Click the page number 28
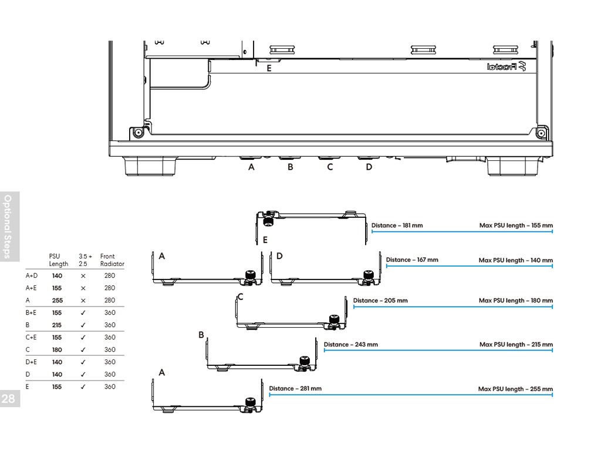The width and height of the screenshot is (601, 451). tap(10, 399)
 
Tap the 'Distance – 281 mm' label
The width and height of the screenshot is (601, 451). tap(295, 389)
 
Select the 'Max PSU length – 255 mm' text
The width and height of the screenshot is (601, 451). tap(515, 389)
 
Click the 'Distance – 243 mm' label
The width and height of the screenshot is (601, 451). tap(351, 345)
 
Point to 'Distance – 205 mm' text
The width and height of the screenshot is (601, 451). tap(380, 301)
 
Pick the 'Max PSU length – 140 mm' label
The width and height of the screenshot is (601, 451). tap(515, 260)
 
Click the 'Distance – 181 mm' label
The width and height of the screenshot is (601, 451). tap(397, 225)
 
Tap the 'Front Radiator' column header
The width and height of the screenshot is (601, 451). tap(112, 260)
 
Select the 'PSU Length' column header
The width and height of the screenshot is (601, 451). tap(59, 260)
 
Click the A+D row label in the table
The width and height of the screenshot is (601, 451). tap(32, 275)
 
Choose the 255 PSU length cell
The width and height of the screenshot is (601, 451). tap(58, 300)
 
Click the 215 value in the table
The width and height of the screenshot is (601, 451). tap(58, 325)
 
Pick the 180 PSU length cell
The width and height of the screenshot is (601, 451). tap(58, 349)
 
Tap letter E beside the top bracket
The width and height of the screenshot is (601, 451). tap(265, 240)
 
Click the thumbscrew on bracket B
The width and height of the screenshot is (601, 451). tap(305, 361)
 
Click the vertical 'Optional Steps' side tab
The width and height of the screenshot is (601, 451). tap(8, 226)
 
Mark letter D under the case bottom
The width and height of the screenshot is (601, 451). tap(369, 167)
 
